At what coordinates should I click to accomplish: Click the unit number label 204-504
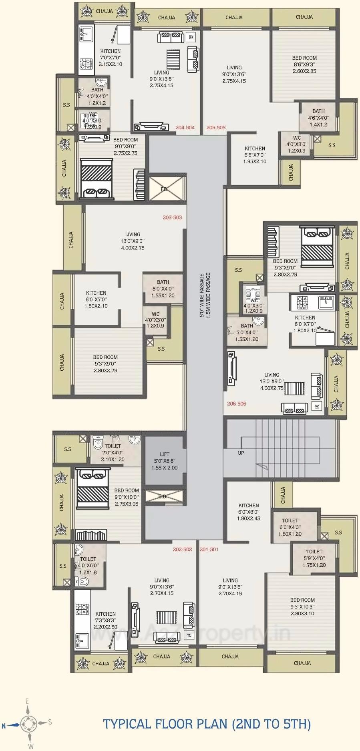coord(185,128)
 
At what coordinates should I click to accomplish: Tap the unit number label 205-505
coord(216,128)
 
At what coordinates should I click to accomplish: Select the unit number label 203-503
coord(172,218)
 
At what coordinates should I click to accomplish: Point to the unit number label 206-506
coord(237,404)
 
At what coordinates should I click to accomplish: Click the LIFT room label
coord(165,461)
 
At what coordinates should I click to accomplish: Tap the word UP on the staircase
coord(241,453)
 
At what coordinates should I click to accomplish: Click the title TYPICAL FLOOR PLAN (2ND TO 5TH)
coord(207,724)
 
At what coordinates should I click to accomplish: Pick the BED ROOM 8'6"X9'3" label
coord(304,64)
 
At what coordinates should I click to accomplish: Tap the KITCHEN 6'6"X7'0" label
coord(255,155)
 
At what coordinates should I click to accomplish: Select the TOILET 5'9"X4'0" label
coord(314,558)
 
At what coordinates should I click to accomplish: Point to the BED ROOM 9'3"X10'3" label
coord(302,606)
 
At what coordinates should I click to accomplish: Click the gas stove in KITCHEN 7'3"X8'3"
coord(82,609)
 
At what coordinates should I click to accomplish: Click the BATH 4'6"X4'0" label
coord(318,118)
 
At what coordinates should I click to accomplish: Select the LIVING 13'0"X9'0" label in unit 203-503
coord(133,241)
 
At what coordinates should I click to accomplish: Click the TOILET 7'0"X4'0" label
coord(113,452)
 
